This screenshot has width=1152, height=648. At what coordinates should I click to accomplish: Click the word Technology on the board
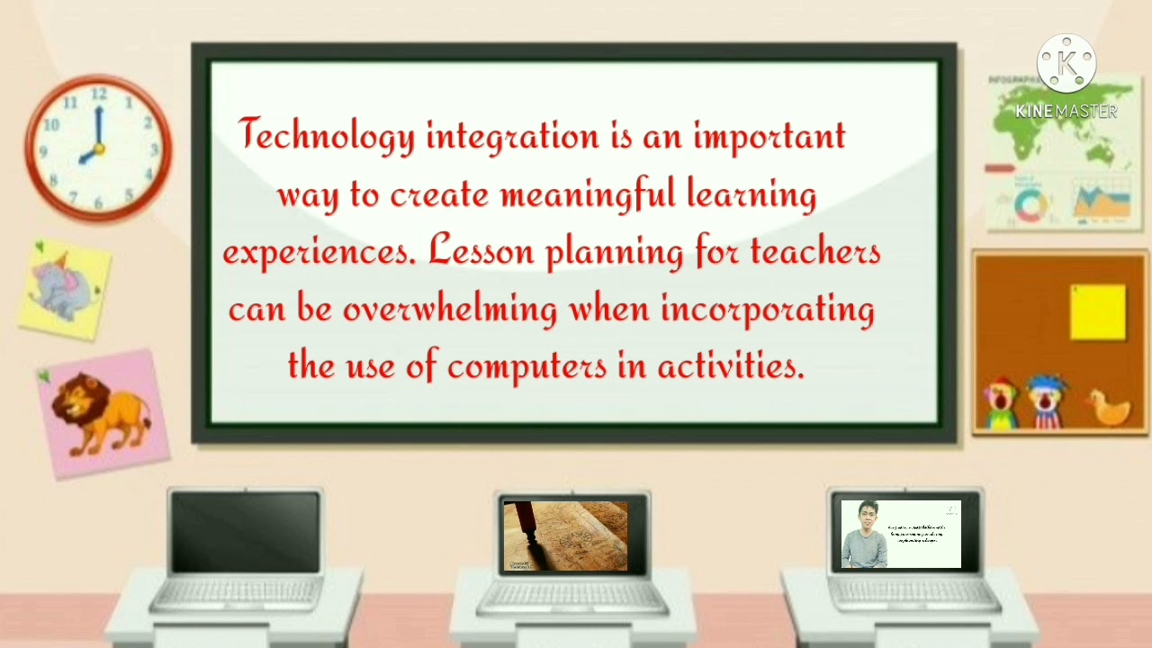[327, 137]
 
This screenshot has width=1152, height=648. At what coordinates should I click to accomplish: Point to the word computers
[526, 366]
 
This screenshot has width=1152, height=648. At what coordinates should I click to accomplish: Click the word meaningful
[587, 194]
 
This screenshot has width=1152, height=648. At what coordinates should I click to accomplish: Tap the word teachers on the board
[814, 252]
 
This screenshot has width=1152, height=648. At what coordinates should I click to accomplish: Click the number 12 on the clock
[99, 94]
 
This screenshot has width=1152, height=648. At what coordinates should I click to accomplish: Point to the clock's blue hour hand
[91, 156]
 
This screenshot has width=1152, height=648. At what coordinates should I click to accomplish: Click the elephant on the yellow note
[63, 285]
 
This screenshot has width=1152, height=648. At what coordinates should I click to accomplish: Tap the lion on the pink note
[101, 414]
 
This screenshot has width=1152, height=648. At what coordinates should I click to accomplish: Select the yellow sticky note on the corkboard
[1097, 312]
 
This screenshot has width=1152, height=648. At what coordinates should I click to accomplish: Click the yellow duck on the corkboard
[1108, 409]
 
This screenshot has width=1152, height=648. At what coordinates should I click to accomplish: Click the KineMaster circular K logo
[1066, 64]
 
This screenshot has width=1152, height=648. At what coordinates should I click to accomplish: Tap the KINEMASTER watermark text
[1066, 112]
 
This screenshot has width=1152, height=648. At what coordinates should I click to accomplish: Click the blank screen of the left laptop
[245, 533]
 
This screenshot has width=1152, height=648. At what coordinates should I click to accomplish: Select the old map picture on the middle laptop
[565, 536]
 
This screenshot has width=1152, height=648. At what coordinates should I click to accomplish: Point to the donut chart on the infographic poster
[1030, 203]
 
